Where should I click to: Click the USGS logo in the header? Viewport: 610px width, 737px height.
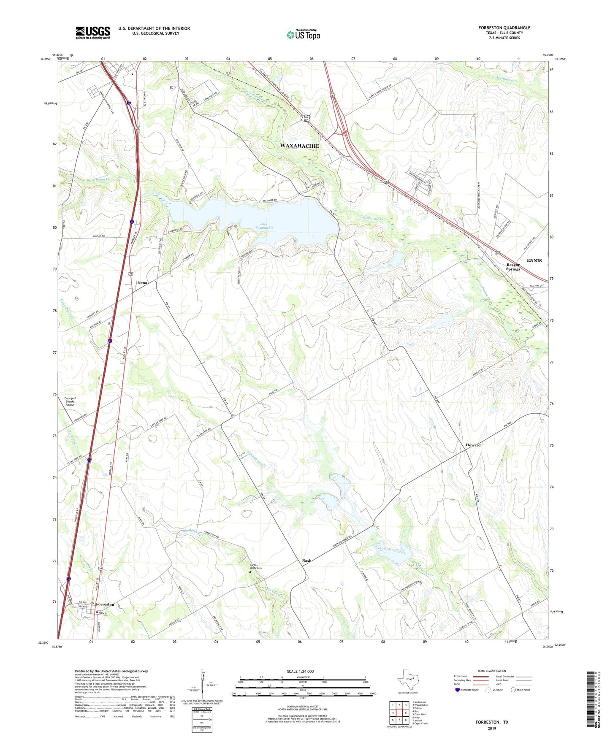coord(93,33)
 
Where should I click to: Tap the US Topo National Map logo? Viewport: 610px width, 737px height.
coord(303,34)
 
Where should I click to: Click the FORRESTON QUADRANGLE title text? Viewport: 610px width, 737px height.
coord(504,28)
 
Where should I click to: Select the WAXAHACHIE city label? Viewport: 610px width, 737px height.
coord(300,146)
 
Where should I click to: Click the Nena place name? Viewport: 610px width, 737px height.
coord(142,282)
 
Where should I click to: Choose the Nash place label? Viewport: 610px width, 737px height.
coord(306,561)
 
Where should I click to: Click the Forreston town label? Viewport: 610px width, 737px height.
coord(105,604)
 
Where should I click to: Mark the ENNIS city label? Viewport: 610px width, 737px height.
coord(534,260)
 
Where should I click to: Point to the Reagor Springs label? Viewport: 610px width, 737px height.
coord(513,267)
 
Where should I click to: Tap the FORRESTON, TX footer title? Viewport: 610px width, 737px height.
coord(492,722)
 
